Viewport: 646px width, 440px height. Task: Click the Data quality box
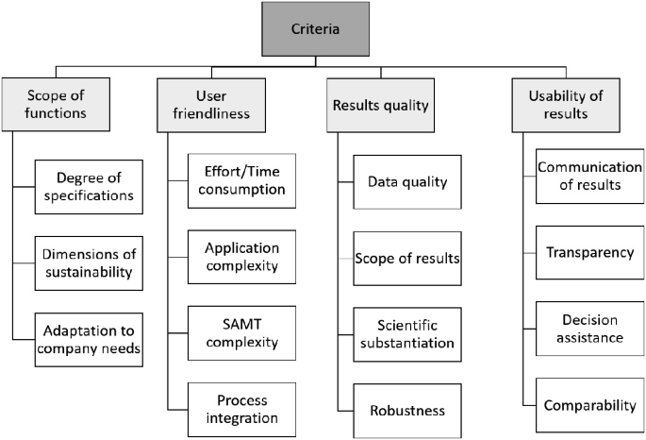coord(407,181)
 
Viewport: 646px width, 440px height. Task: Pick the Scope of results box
coord(407,258)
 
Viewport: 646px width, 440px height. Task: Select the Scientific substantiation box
coord(407,334)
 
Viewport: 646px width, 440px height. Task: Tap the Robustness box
coord(407,411)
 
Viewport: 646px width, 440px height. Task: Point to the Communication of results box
coord(590,176)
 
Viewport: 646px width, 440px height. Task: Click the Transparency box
coord(590,252)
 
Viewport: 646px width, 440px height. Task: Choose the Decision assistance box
coord(590,329)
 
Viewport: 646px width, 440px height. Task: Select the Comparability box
coord(590,405)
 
